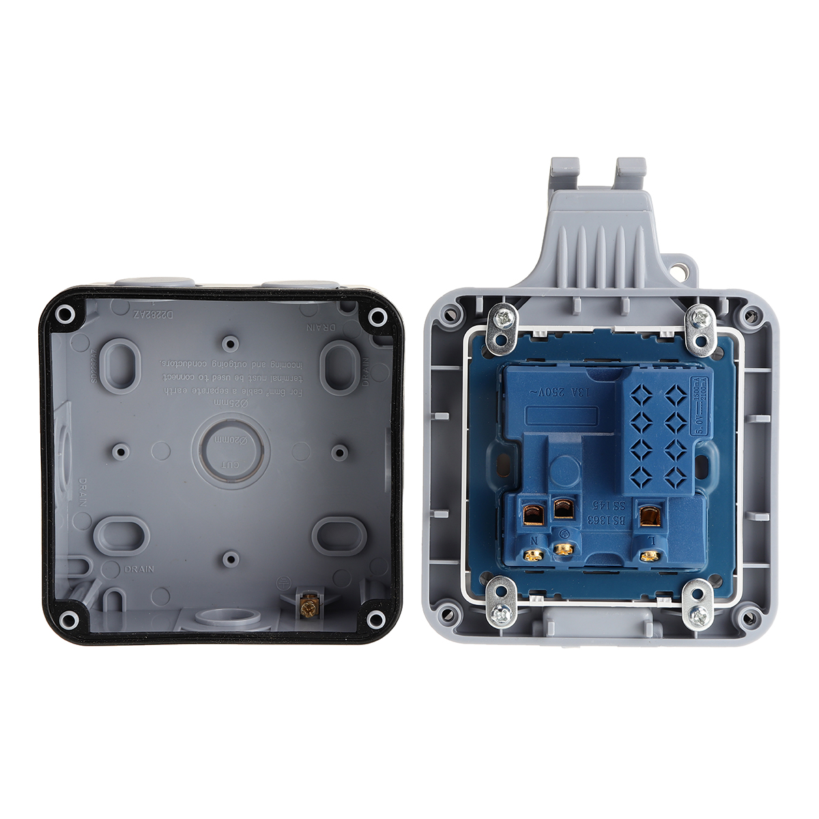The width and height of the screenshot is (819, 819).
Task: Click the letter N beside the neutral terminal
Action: click(x=534, y=539)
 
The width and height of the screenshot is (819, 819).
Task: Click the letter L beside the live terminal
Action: click(x=652, y=538)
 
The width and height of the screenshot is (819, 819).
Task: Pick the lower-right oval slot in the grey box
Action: click(x=339, y=534)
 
